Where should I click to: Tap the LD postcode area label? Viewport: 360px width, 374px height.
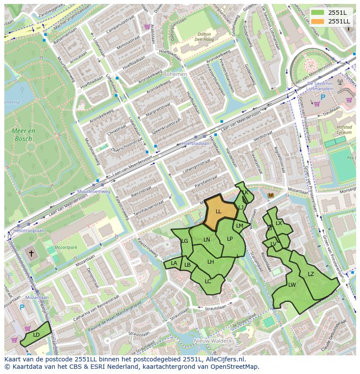coord(36,334)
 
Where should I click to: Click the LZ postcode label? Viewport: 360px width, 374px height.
coord(311,274)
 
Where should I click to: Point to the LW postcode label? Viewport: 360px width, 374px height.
coord(292,285)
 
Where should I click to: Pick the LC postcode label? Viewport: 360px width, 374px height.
coord(208,281)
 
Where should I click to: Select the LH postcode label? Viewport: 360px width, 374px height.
coord(210,261)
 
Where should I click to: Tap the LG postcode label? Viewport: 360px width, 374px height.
coord(184,241)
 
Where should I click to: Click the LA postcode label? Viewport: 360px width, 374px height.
coord(174,263)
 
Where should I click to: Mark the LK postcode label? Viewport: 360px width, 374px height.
coord(245,192)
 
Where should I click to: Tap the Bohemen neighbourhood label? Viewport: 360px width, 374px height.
coord(175,74)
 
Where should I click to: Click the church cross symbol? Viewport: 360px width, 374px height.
coord(31,253)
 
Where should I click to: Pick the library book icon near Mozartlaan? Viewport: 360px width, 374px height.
coord(271,195)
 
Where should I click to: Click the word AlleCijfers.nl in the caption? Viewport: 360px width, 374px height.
coord(224,359)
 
